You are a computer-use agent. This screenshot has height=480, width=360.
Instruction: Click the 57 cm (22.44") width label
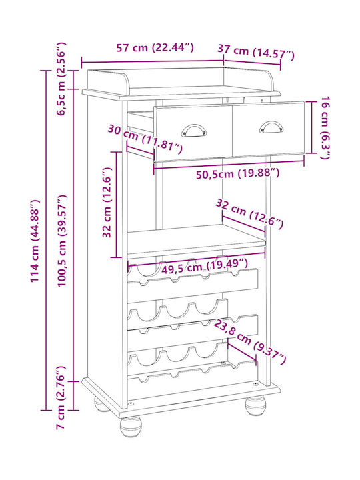click(155, 47)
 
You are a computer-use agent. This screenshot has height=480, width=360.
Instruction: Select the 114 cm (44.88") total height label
click(35, 241)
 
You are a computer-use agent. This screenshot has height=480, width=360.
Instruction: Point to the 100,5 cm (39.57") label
click(62, 241)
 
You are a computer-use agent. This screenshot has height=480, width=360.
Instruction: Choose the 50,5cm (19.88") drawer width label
click(237, 173)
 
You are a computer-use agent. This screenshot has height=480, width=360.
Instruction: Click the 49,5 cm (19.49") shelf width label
click(205, 267)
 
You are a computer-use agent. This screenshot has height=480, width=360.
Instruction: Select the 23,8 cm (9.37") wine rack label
click(250, 341)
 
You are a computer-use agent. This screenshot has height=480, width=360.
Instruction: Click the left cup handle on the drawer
click(193, 131)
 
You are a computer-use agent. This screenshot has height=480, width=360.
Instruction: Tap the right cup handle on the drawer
click(271, 127)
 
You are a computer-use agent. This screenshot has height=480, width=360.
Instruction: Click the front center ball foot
click(131, 426)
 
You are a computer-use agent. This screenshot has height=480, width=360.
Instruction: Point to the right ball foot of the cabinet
click(255, 405)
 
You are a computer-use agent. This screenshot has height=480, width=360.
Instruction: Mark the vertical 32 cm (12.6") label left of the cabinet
click(107, 202)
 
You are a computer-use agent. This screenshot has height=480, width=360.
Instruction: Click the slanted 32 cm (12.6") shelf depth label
click(249, 213)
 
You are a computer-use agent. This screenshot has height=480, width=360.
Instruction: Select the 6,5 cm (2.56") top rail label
click(61, 79)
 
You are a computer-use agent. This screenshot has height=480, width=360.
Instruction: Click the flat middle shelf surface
click(196, 239)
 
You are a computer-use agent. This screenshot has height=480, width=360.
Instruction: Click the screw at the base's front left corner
click(131, 404)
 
